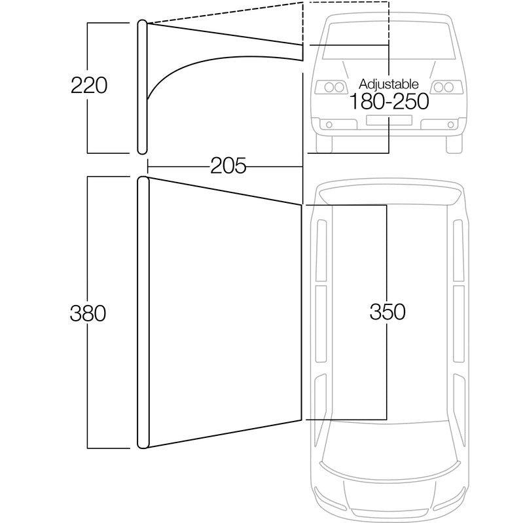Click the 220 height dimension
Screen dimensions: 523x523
[x=88, y=85]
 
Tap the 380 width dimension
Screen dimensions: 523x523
[x=88, y=314]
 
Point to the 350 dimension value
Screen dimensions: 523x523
[x=387, y=312]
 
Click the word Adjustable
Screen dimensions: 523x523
[x=389, y=84]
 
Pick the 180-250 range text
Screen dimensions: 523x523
[x=389, y=101]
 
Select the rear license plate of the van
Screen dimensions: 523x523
[x=389, y=120]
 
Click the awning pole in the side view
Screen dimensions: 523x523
[x=141, y=85]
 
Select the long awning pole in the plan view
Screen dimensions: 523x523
[x=142, y=313]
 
